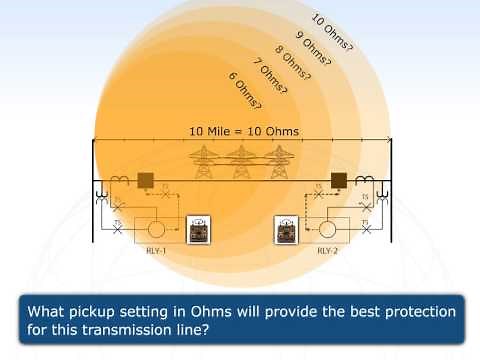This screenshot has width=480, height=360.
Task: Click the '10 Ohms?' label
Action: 329,29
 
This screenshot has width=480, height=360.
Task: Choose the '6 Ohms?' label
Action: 246,91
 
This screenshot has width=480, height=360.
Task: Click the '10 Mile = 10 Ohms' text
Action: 245,131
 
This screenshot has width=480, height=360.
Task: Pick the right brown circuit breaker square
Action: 339,181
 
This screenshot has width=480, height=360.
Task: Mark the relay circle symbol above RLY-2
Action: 326,228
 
